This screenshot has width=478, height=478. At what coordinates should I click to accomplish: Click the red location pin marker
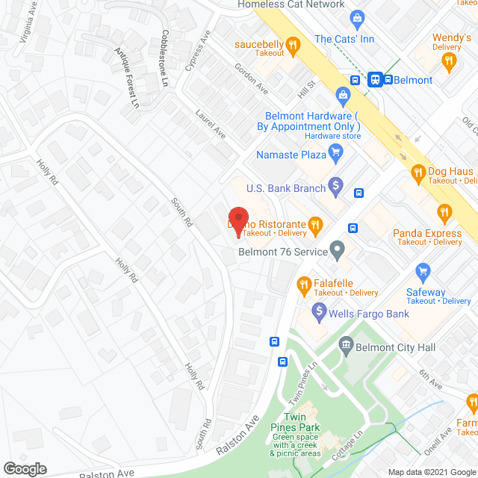click(x=238, y=221)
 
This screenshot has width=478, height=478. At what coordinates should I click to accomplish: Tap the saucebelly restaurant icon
click(x=294, y=46)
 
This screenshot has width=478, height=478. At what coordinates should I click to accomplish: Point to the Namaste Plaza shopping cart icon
click(x=335, y=155)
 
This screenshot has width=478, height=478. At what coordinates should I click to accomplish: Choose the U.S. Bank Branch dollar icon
click(x=336, y=183)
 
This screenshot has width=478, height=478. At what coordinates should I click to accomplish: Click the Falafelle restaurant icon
click(x=304, y=284)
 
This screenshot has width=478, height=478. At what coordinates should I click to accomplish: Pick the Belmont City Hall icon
click(x=346, y=344)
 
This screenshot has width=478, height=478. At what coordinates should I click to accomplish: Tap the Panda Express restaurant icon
click(x=445, y=213)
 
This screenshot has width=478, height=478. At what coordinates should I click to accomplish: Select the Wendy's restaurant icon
click(x=448, y=63)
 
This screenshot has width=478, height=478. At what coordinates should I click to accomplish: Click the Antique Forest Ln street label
click(x=126, y=77)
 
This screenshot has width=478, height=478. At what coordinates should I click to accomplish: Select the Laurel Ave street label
click(x=211, y=124)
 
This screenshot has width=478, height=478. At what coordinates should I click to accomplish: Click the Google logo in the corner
click(x=25, y=468)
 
